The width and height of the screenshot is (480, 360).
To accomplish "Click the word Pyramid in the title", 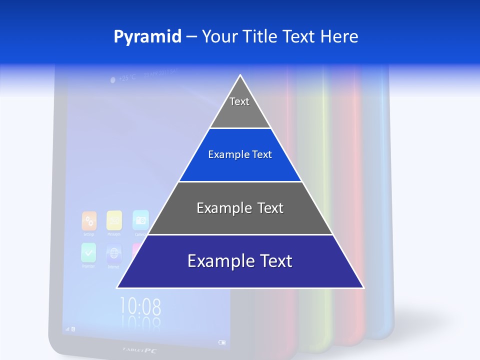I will click(x=147, y=37).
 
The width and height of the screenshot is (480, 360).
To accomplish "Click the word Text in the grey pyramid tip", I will click(x=239, y=102).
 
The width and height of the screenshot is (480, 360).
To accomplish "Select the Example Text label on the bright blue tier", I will click(x=240, y=155).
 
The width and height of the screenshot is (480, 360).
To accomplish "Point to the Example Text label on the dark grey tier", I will click(x=240, y=208).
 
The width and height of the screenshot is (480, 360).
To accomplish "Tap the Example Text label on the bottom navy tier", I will click(x=240, y=261).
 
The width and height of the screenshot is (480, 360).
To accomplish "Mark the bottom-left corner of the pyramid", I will click(x=117, y=287).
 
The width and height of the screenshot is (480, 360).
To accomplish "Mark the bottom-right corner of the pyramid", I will click(x=363, y=287).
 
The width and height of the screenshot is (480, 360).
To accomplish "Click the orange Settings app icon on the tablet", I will click(x=89, y=220).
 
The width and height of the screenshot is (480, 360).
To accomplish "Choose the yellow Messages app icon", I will click(x=114, y=220).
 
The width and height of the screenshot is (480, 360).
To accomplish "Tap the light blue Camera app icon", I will click(x=140, y=219).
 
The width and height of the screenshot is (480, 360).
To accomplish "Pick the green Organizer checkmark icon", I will click(x=88, y=252).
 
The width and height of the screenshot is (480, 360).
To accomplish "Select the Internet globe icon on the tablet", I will click(x=114, y=254).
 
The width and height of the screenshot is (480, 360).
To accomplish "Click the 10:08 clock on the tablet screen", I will click(x=140, y=305).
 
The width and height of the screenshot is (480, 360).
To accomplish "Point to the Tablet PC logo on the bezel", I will click(x=140, y=350).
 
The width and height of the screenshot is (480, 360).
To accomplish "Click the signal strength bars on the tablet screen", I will click(x=67, y=329).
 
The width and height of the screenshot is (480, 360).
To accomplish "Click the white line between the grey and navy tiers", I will click(x=240, y=234).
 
